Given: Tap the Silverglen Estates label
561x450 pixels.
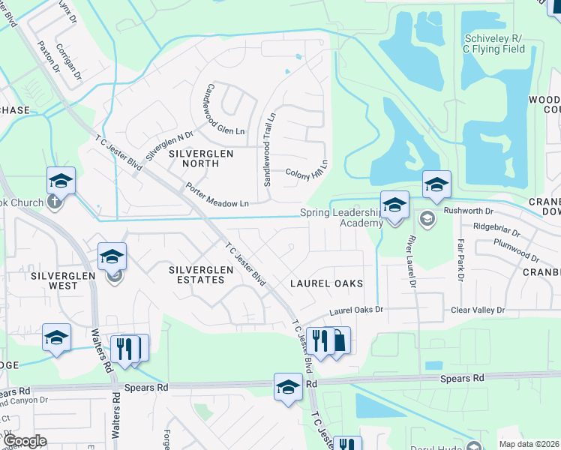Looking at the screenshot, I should (196, 274).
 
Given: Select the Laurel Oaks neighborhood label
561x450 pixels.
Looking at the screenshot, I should (327, 283).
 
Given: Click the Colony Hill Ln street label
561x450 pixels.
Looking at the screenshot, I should (307, 171).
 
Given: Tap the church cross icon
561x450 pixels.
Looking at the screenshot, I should (54, 202).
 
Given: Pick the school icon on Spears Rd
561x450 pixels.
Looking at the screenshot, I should (287, 387).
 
